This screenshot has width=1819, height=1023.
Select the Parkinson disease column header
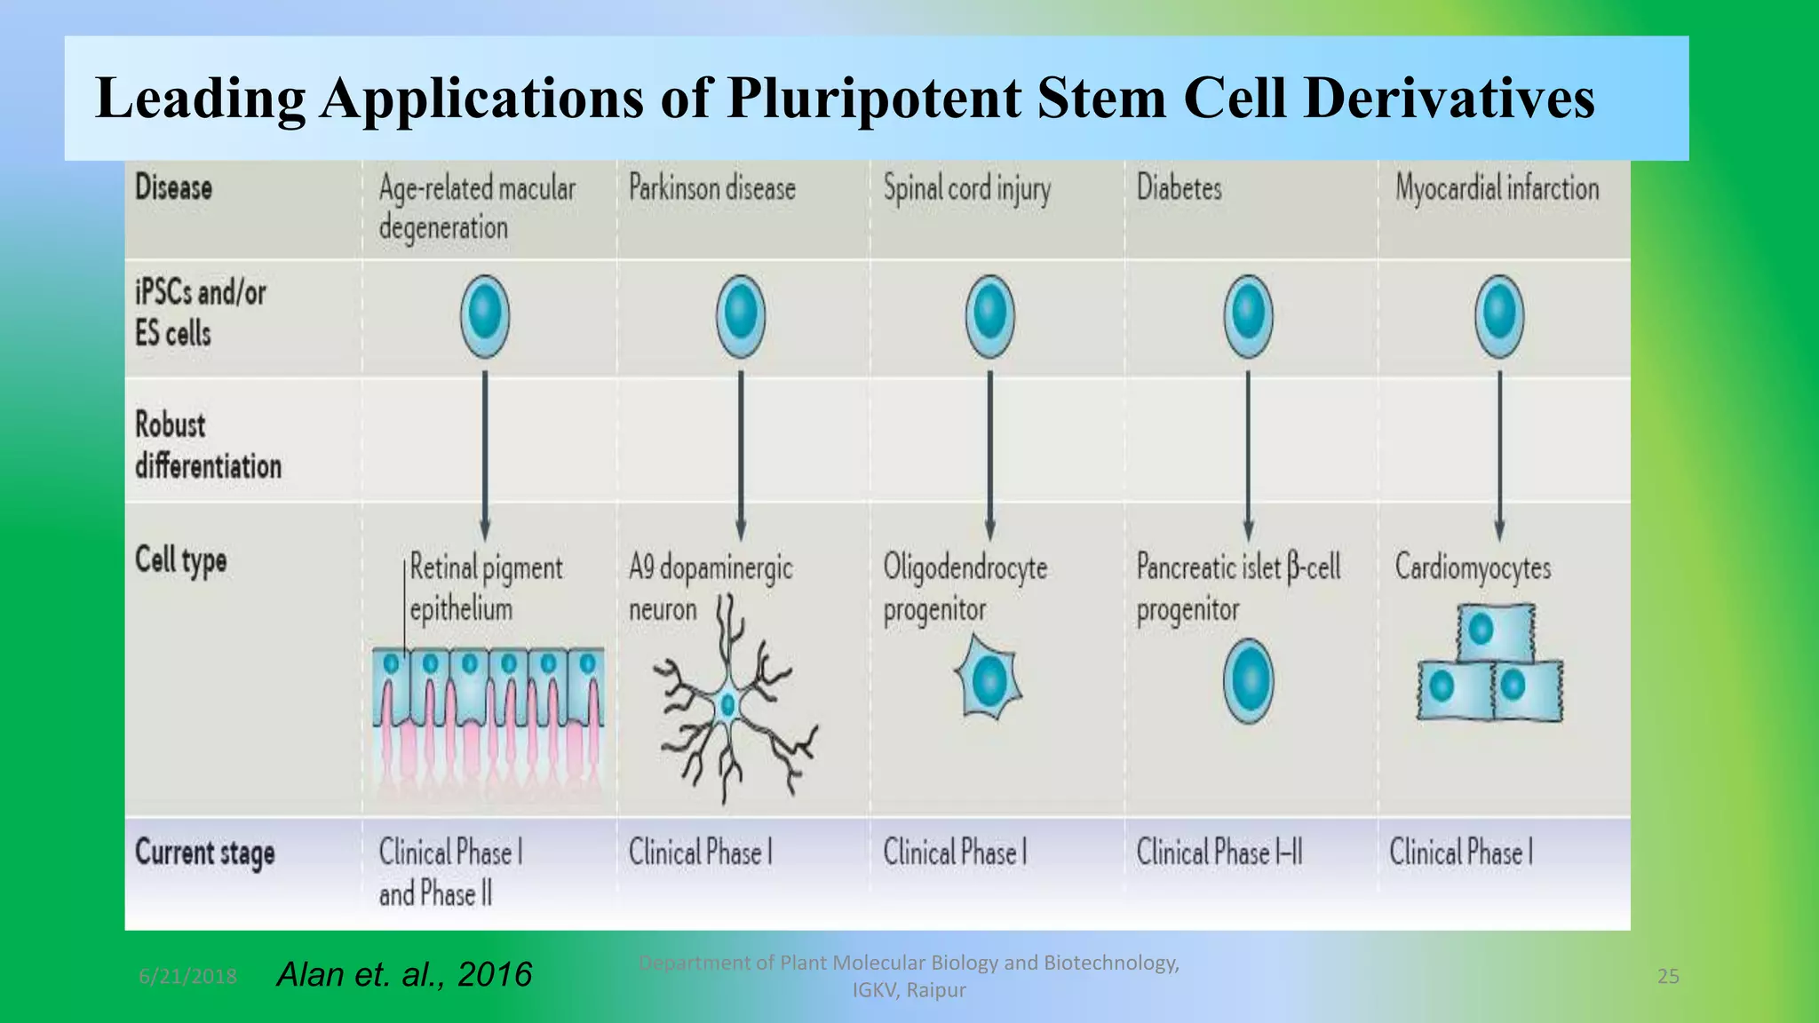click(711, 188)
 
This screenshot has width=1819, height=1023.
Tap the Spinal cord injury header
click(966, 189)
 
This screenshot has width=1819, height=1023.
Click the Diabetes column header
click(1179, 188)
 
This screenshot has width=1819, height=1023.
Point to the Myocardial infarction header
click(1497, 188)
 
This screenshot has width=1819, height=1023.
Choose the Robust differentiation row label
click(208, 445)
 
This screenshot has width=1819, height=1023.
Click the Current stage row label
click(204, 853)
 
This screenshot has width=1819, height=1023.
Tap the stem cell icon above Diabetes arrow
click(1248, 315)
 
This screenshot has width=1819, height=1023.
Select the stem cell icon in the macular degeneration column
click(485, 315)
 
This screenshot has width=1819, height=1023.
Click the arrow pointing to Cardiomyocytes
click(1499, 453)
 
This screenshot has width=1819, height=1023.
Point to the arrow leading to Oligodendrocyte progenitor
click(990, 453)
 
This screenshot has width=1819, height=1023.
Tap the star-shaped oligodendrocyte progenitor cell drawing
click(989, 680)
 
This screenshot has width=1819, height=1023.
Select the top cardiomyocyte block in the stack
click(1496, 631)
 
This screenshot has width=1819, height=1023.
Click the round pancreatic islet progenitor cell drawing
click(1248, 681)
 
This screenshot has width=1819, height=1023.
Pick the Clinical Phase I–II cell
click(1219, 853)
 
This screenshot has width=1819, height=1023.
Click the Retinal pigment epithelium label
click(485, 588)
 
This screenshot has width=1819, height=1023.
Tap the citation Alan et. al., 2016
click(404, 975)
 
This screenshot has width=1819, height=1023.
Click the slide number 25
click(1668, 977)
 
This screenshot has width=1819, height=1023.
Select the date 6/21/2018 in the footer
click(187, 977)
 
